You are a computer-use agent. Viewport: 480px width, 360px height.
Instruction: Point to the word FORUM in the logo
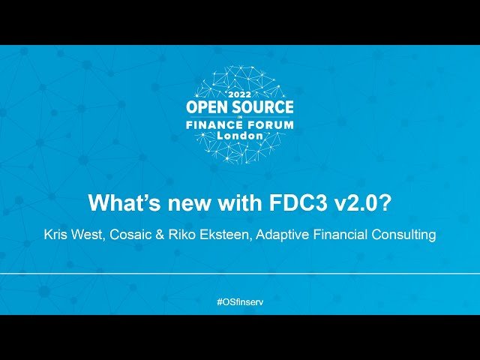(271, 124)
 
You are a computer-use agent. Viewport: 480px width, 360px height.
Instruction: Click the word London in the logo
(240, 136)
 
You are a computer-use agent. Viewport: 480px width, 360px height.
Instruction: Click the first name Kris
(57, 235)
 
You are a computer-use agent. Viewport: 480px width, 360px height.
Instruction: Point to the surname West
(90, 235)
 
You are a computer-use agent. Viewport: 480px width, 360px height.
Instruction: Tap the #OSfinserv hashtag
(239, 301)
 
